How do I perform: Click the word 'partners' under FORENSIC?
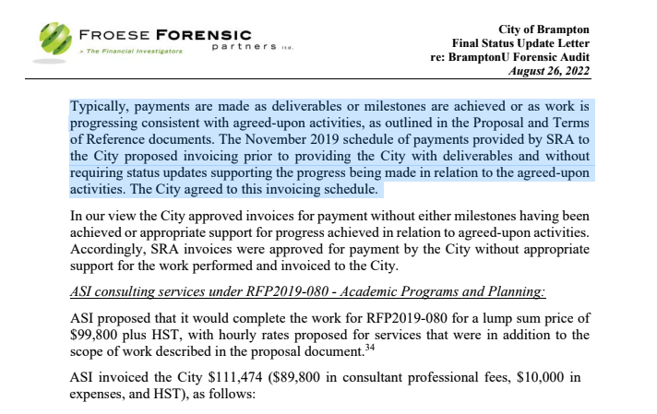coord(244,45)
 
